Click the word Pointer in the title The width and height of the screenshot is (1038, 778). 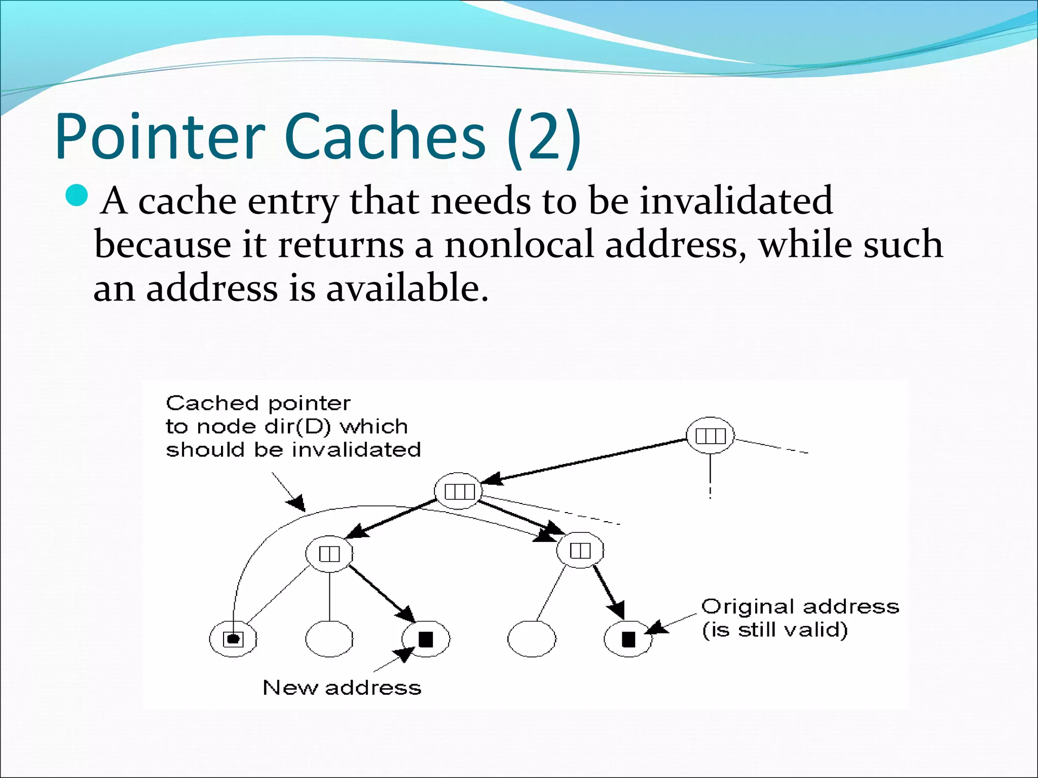click(160, 137)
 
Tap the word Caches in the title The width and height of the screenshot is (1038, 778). click(385, 137)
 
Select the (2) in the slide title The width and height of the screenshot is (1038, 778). click(543, 137)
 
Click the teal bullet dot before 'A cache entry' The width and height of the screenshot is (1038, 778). click(78, 196)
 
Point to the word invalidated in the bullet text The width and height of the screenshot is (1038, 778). click(736, 201)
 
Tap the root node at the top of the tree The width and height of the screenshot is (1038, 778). click(710, 436)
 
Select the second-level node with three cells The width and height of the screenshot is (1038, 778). click(459, 491)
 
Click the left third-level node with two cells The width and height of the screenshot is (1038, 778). click(329, 554)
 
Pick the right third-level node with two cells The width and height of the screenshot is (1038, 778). click(580, 550)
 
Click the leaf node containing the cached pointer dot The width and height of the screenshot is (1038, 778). click(233, 639)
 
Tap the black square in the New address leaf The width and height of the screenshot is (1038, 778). click(426, 639)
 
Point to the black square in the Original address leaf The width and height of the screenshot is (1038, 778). click(628, 639)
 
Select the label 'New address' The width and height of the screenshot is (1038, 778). click(342, 688)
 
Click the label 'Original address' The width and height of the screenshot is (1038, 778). click(800, 607)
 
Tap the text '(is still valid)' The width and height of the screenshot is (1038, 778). click(774, 630)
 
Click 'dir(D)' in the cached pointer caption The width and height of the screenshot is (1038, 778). click(298, 427)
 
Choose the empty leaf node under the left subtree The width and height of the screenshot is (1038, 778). click(329, 639)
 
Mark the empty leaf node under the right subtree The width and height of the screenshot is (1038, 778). click(532, 639)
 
